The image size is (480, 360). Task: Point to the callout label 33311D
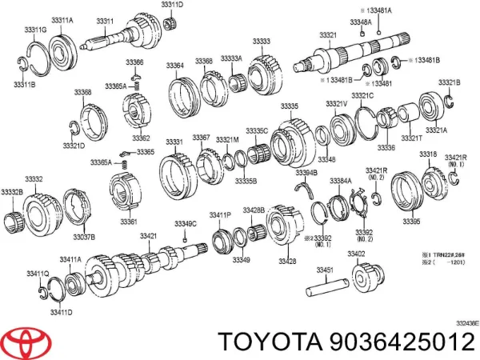point(171,5)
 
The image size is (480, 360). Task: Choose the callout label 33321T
point(413,138)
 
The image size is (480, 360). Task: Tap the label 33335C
point(257,130)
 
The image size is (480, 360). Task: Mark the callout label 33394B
point(306,173)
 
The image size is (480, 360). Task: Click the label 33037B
point(84,237)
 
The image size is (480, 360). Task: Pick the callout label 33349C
point(185,222)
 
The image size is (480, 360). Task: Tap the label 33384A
point(341,181)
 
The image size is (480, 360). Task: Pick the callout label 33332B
point(12,193)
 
